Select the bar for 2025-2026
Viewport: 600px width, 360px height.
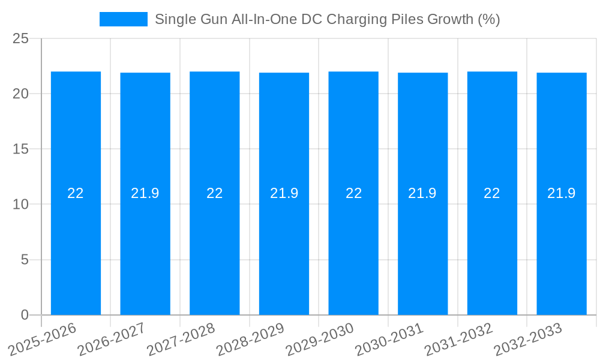(x=76, y=252)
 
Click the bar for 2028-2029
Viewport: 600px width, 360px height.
(x=284, y=252)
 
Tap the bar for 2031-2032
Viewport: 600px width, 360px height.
(x=492, y=252)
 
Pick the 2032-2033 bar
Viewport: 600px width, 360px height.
(x=562, y=252)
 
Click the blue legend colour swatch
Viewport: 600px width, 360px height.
(x=124, y=19)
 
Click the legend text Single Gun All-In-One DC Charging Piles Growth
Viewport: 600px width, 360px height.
(x=327, y=19)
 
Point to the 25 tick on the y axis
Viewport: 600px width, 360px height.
(x=21, y=38)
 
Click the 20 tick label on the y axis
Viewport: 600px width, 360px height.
(x=21, y=94)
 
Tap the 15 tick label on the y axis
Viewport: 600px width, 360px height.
(x=21, y=149)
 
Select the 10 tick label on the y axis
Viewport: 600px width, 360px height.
(x=21, y=205)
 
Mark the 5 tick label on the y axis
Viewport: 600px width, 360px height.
(x=25, y=260)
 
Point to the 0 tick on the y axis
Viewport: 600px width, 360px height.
(x=25, y=315)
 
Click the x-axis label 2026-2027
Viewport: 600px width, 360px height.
(x=111, y=338)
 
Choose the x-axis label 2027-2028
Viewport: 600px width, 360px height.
(x=181, y=338)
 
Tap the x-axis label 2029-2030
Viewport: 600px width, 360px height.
(x=319, y=338)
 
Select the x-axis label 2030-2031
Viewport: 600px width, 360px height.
(x=389, y=338)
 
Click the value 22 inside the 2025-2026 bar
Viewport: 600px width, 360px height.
(x=76, y=193)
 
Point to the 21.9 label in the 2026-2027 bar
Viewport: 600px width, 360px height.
(x=145, y=193)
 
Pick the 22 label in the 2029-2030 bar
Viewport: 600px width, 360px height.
(x=353, y=193)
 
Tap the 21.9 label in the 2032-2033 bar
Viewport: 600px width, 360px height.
(x=562, y=193)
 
